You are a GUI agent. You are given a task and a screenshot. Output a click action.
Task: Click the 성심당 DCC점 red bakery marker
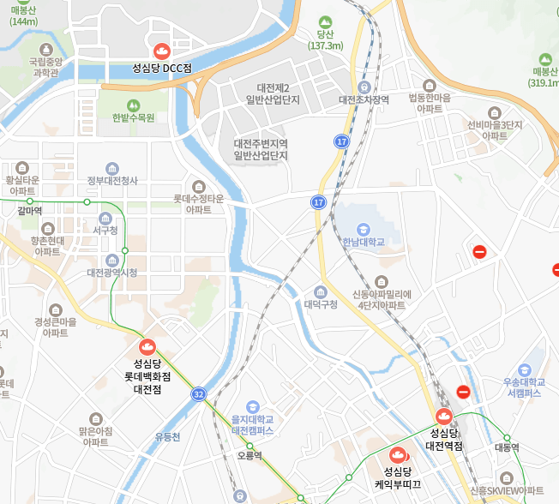tap(160, 50)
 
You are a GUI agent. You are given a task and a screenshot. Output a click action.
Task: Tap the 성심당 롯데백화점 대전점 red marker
tap(147, 347)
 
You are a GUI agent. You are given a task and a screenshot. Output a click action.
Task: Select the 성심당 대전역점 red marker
tap(444, 417)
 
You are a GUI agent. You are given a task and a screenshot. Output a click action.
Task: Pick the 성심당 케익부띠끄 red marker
tap(398, 455)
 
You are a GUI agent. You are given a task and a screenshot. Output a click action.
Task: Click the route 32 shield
tap(199, 394)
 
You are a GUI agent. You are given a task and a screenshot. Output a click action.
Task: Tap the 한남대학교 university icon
tap(364, 229)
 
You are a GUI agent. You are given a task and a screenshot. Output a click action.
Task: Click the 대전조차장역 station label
tap(364, 99)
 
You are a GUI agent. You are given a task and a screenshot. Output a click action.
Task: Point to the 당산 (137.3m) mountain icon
tap(324, 23)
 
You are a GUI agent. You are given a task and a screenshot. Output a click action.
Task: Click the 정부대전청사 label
tap(112, 181)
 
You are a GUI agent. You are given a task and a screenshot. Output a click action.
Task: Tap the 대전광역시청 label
tap(111, 273)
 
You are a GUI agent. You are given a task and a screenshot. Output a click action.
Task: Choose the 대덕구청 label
tap(321, 303)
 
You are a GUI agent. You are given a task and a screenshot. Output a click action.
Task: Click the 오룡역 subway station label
tap(249, 456)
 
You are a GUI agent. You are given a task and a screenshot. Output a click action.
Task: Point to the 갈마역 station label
tap(30, 210)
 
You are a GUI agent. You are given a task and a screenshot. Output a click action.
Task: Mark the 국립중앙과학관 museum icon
tap(45, 51)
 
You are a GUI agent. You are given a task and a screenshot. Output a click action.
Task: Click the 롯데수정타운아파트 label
tap(199, 204)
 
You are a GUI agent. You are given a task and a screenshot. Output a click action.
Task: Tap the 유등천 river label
tap(168, 437)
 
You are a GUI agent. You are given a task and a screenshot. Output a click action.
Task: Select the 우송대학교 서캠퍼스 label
tap(524, 387)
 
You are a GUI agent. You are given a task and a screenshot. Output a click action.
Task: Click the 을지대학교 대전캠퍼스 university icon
tap(252, 406)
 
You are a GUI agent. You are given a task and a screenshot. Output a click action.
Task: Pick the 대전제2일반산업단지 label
tap(273, 94)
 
